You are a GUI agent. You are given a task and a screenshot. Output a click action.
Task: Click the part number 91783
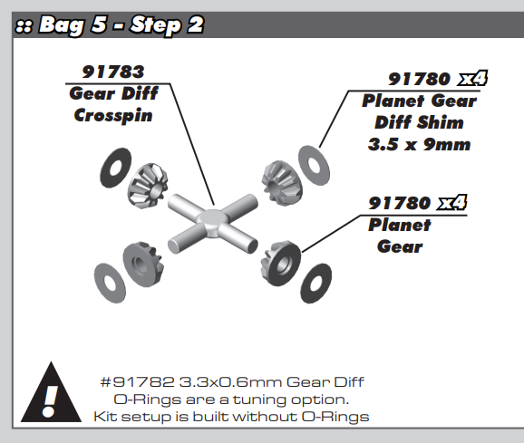pyautogui.click(x=112, y=71)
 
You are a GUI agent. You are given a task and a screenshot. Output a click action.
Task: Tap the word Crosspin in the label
pyautogui.click(x=112, y=115)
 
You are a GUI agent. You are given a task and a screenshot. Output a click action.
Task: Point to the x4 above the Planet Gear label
pyautogui.click(x=451, y=201)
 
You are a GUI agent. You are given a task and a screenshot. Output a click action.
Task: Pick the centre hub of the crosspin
pyautogui.click(x=211, y=217)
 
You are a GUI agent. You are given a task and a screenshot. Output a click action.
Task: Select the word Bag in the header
pyautogui.click(x=64, y=25)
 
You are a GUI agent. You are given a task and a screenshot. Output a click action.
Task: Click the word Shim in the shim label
pyautogui.click(x=443, y=122)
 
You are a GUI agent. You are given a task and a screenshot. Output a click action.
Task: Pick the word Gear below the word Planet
pyautogui.click(x=400, y=245)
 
